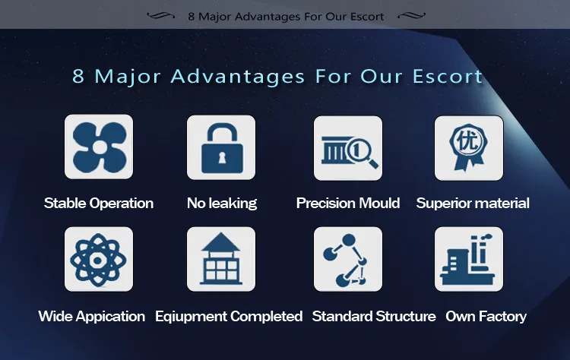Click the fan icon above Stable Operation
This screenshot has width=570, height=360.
pyautogui.click(x=100, y=147)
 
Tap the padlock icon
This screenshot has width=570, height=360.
pyautogui.click(x=222, y=149)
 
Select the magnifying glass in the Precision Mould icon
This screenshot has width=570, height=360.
pyautogui.click(x=363, y=153)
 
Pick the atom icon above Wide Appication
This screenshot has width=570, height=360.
pyautogui.click(x=98, y=260)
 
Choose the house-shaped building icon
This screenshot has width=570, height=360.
pyautogui.click(x=220, y=259)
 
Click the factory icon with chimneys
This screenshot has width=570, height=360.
pyautogui.click(x=467, y=260)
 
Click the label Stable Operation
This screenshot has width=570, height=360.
pyautogui.click(x=99, y=203)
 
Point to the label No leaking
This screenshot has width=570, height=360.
pyautogui.click(x=222, y=203)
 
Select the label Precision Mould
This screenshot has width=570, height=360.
pyautogui.click(x=348, y=203)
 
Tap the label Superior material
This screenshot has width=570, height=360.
pyautogui.click(x=473, y=203)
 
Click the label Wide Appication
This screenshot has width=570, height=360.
pyautogui.click(x=92, y=317)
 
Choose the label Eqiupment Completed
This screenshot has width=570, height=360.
pyautogui.click(x=229, y=317)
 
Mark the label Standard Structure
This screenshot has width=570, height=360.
pyautogui.click(x=374, y=317)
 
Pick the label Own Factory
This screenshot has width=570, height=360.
pyautogui.click(x=486, y=317)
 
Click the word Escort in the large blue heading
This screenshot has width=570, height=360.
pyautogui.click(x=448, y=76)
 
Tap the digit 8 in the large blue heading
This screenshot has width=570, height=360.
pyautogui.click(x=78, y=76)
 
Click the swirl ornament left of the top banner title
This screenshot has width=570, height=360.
pyautogui.click(x=160, y=16)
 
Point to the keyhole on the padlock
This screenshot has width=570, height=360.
pyautogui.click(x=222, y=158)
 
